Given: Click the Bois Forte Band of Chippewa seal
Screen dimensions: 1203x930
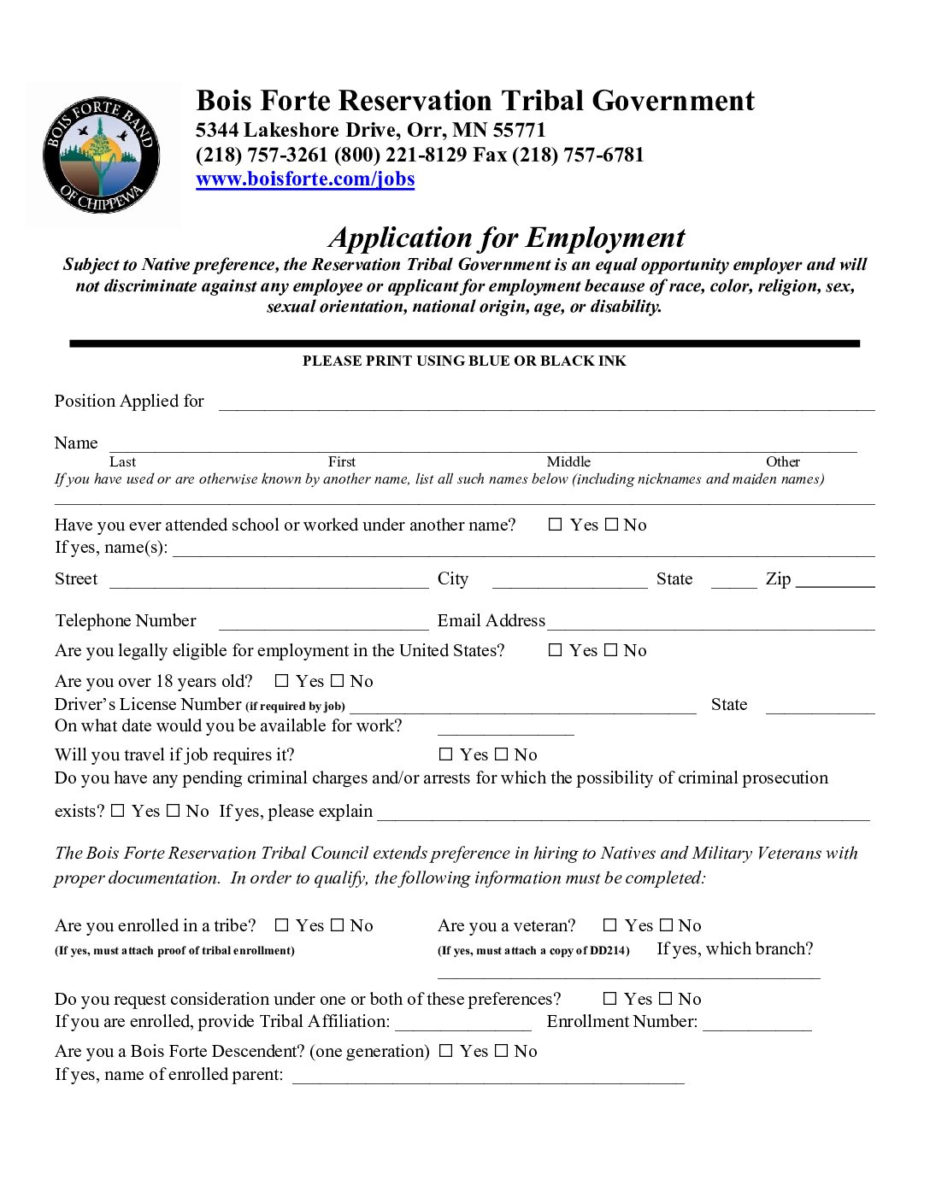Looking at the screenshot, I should click(102, 155).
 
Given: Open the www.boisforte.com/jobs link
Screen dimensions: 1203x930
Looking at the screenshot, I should click(305, 179).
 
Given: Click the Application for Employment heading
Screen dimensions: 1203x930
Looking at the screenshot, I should click(507, 238).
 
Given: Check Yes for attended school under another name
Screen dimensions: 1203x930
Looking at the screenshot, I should click(556, 525).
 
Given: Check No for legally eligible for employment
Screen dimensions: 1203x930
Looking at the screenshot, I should click(611, 650).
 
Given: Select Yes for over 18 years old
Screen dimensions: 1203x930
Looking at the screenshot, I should click(282, 681).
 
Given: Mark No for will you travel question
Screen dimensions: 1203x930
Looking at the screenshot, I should click(502, 754).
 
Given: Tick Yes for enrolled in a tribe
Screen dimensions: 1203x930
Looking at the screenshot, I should click(282, 925).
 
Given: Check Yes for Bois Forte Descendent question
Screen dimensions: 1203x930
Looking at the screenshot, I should click(446, 1051).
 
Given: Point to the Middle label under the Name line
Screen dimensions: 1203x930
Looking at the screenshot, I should click(568, 462).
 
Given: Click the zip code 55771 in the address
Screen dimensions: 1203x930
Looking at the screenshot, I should click(519, 131).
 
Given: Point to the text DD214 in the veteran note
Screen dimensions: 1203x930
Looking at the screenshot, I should click(609, 951).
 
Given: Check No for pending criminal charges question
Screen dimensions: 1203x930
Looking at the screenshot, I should click(174, 811).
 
